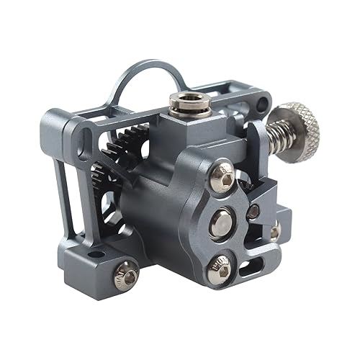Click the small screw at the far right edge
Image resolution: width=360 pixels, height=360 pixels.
[275, 230]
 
